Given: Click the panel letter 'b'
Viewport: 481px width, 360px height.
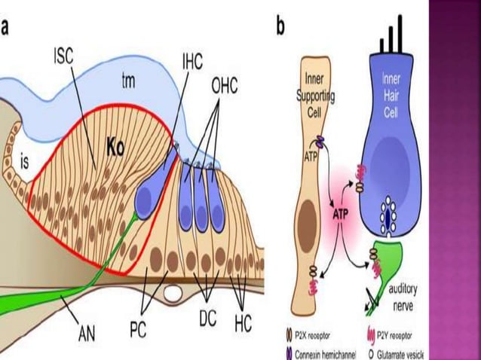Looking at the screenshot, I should click(x=280, y=28).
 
